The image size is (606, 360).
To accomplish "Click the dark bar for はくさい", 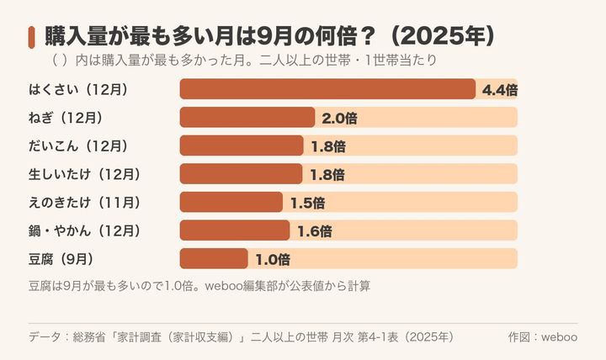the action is coord(327,89).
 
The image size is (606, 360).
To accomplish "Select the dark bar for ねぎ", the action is coord(247,118).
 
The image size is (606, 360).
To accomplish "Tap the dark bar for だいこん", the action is coord(242,146).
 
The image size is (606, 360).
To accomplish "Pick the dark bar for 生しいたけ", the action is coord(242,174).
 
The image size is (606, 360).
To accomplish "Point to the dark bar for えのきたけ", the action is coord(231,202).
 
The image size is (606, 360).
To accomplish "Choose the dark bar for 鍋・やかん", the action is coord(235,230).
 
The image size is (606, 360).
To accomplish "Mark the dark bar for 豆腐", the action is coord(214,258).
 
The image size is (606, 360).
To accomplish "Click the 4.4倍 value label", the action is coord(500,90).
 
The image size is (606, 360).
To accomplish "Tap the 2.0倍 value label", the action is coord(339,119).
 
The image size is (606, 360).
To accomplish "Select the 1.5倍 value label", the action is coord(308,203).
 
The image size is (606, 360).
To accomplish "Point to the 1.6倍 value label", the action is coord(315,231).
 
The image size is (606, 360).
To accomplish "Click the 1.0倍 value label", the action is coord(273,259).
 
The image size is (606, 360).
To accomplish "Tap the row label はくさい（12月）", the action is coord(78,90).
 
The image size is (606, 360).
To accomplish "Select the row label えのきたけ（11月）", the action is coord(85,203).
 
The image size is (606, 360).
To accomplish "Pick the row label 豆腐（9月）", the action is coord(61,259).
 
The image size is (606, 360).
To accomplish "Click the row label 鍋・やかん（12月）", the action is coord(85,230).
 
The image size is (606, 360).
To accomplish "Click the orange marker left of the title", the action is coord(32,38).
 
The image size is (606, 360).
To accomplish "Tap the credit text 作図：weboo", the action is coord(543,336).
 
